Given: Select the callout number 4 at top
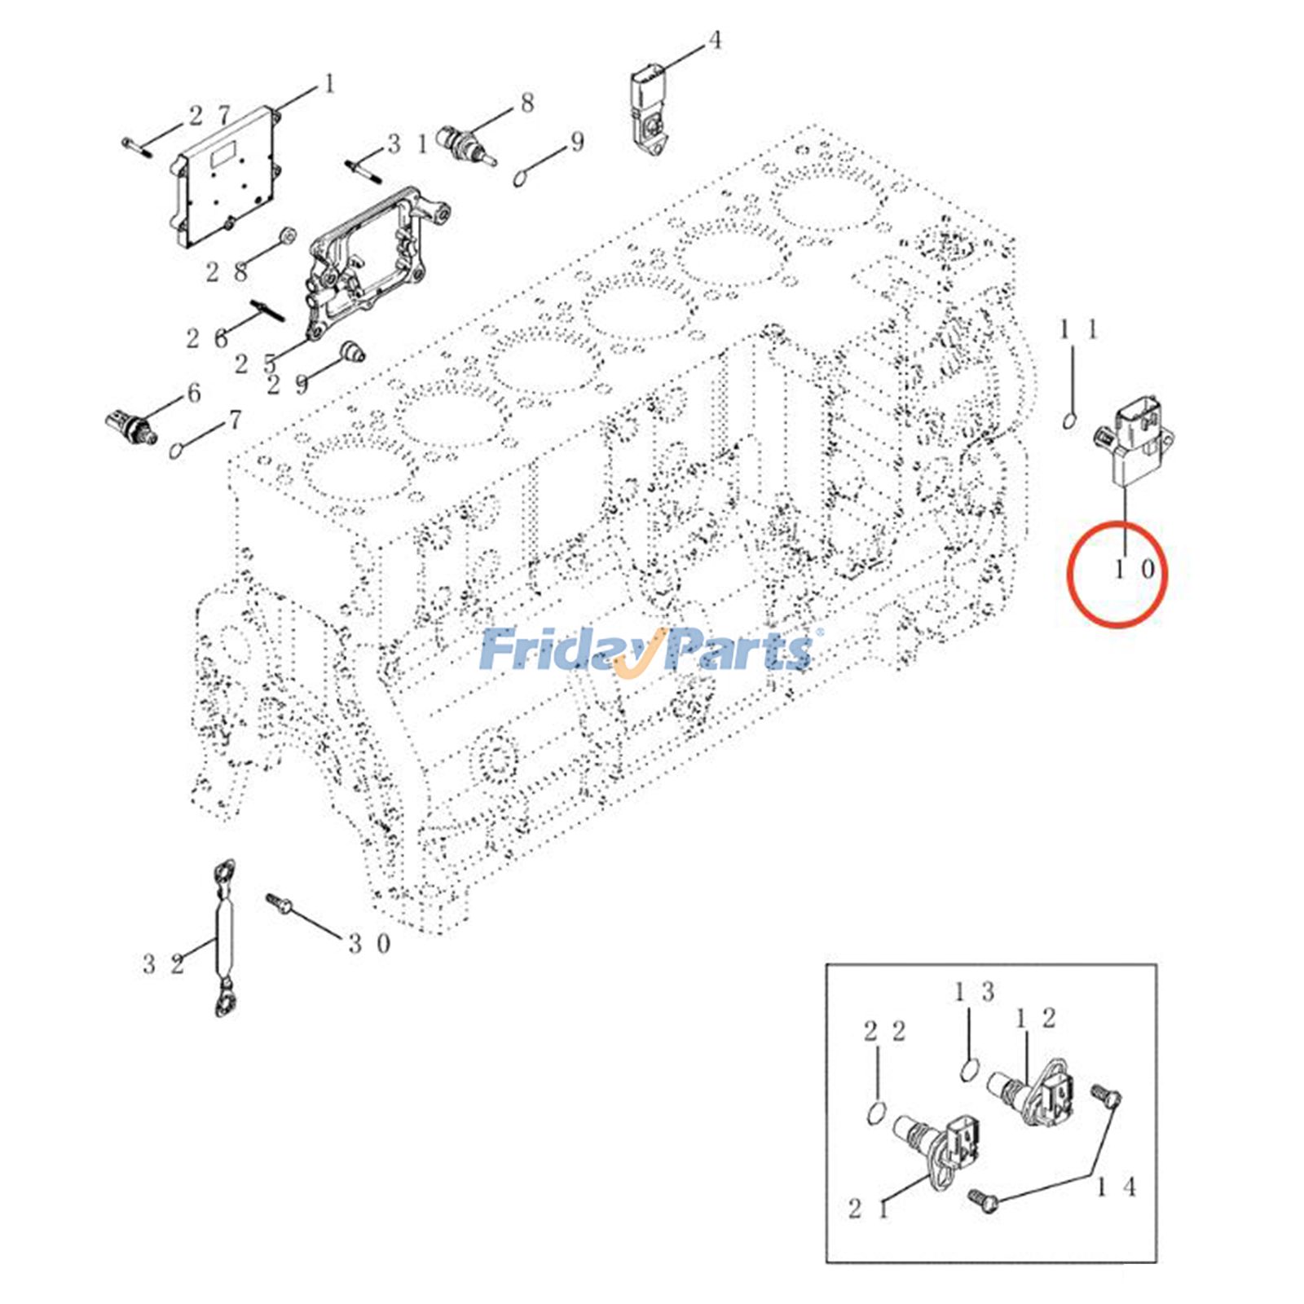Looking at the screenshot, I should click(x=715, y=40).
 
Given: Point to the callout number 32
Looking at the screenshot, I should click(x=163, y=964).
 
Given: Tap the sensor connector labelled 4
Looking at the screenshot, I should click(x=648, y=110).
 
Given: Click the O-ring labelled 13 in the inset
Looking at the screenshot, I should click(x=968, y=1068).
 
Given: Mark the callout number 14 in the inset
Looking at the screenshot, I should click(x=1115, y=1187).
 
